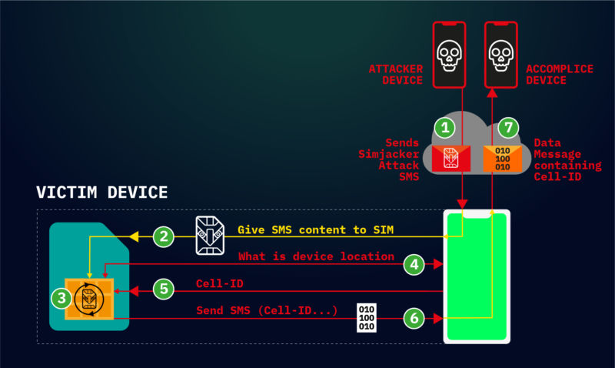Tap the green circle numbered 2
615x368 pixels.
pos(163,236)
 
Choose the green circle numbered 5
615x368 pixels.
pos(163,290)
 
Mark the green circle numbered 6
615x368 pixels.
pos(414,317)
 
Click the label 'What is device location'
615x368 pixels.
pos(316,256)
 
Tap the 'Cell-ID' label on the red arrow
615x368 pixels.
pos(219,284)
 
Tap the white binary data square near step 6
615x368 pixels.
pos(368,317)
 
